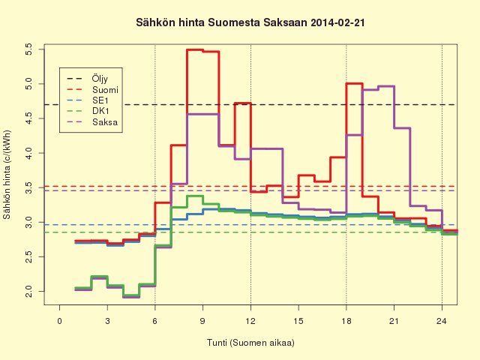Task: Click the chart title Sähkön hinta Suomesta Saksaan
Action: (x=221, y=23)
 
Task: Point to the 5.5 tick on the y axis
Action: (x=28, y=49)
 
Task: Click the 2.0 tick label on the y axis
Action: (x=28, y=292)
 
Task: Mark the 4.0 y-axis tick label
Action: (x=28, y=153)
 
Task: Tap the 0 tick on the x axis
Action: (x=60, y=321)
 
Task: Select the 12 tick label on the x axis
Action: (x=250, y=321)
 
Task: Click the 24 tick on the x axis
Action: (x=442, y=321)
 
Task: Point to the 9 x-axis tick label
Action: (x=203, y=321)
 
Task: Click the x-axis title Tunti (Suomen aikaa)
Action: (x=250, y=343)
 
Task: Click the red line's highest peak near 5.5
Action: (x=195, y=49)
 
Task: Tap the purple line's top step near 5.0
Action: (x=386, y=86)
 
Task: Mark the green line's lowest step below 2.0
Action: (x=131, y=295)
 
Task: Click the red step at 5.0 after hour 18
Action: (x=354, y=83)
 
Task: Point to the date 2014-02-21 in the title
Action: (x=337, y=23)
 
